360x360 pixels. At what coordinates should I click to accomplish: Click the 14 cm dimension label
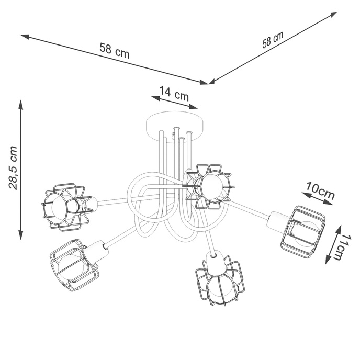coord(174,95)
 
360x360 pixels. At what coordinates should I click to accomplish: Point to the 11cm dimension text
coord(341,246)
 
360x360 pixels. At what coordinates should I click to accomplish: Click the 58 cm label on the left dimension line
coord(114,51)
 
